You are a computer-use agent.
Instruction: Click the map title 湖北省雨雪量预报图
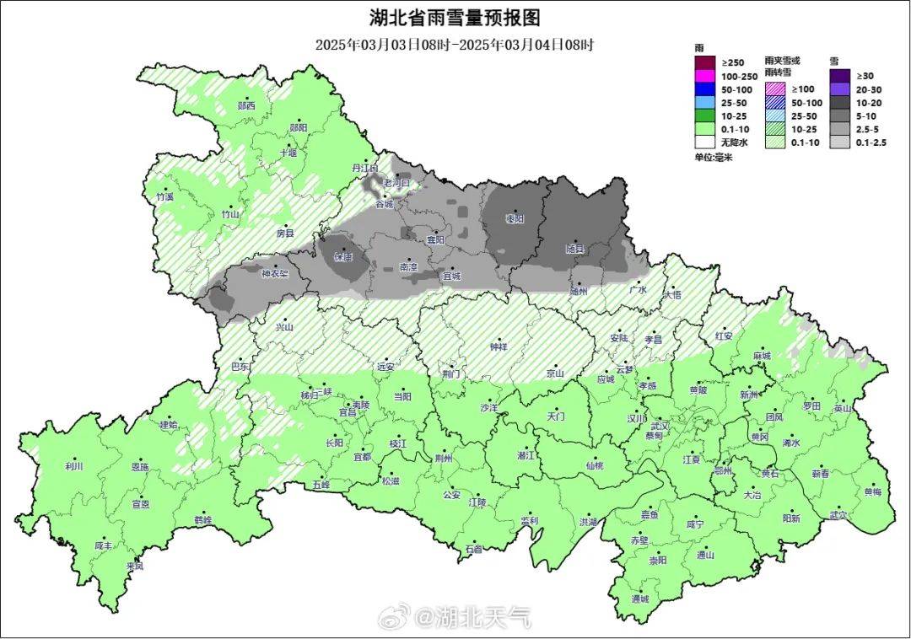pyautogui.click(x=455, y=18)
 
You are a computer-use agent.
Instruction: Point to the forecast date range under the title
pyautogui.click(x=455, y=45)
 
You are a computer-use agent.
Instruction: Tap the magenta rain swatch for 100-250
pyautogui.click(x=704, y=76)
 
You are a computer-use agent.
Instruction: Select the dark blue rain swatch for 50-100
pyautogui.click(x=704, y=89)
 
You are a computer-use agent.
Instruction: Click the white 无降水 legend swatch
pyautogui.click(x=704, y=142)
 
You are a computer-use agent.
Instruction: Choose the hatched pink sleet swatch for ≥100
pyautogui.click(x=776, y=89)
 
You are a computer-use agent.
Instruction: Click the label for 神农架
pyautogui.click(x=274, y=273)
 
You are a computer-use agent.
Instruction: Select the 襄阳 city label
pyautogui.click(x=434, y=240)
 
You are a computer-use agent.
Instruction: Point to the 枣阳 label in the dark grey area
pyautogui.click(x=515, y=218)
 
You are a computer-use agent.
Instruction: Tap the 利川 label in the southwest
pyautogui.click(x=74, y=466)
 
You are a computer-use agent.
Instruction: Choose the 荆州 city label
pyautogui.click(x=443, y=458)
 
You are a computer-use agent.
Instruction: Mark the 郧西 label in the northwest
pyautogui.click(x=245, y=106)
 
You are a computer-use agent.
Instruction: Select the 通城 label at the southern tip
pyautogui.click(x=640, y=599)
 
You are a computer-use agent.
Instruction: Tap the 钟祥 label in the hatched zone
pyautogui.click(x=499, y=346)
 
